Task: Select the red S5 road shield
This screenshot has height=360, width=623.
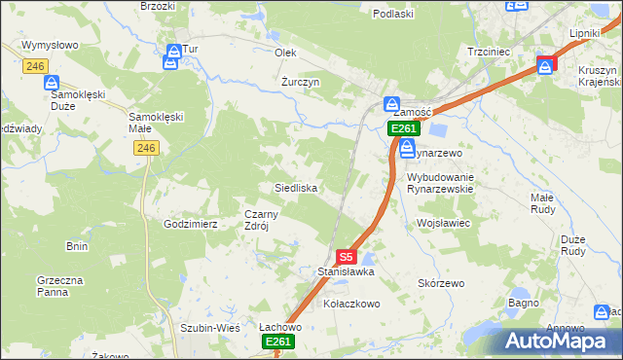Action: tap(346, 257)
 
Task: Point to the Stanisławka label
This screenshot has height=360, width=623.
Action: tap(340, 272)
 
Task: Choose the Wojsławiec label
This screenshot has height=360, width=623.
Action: tap(443, 223)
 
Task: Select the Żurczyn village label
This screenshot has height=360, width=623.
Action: tap(300, 82)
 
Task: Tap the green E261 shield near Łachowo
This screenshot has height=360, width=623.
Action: tap(277, 342)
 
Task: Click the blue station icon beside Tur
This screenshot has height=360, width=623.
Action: tap(172, 58)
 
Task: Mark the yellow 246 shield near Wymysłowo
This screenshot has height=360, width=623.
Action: tap(36, 66)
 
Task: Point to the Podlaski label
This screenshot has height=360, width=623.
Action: tap(393, 14)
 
